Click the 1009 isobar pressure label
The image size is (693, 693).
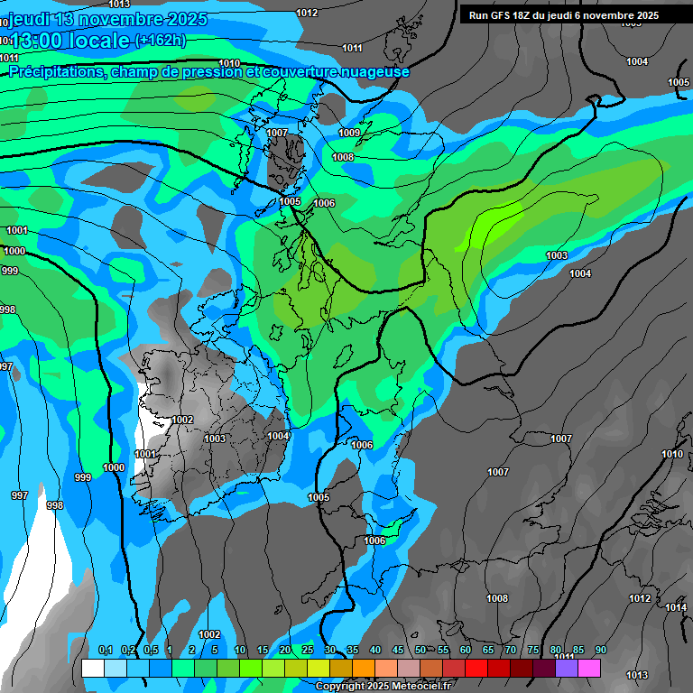click(x=349, y=133)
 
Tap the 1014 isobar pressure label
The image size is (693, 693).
click(x=676, y=607)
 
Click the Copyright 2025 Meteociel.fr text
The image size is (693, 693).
click(x=383, y=687)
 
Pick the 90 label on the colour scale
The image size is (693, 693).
click(x=601, y=651)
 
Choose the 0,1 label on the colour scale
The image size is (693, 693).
click(x=105, y=651)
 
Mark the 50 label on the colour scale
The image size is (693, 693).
click(x=420, y=651)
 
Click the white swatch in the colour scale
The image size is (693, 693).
click(x=93, y=668)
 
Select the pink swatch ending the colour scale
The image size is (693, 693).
click(x=589, y=668)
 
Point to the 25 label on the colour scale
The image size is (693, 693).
click(x=308, y=651)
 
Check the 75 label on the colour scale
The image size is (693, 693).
click(x=533, y=651)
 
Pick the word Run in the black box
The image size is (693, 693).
click(x=478, y=15)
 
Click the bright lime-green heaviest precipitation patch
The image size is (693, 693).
click(x=492, y=221)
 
